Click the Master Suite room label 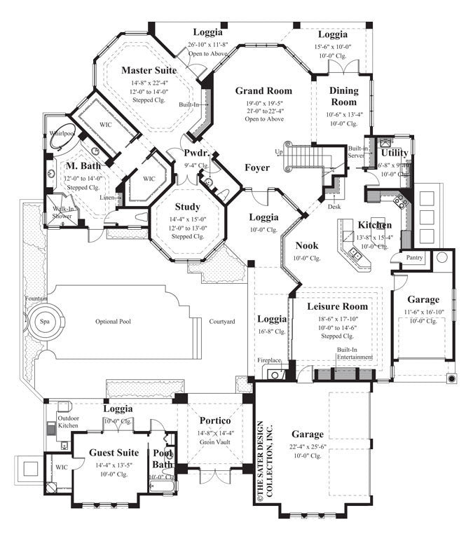148,70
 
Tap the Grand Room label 263,91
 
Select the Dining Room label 343,96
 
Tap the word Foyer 257,168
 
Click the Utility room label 395,152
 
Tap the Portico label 214,420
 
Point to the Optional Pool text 114,322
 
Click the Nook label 306,246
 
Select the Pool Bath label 163,458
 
